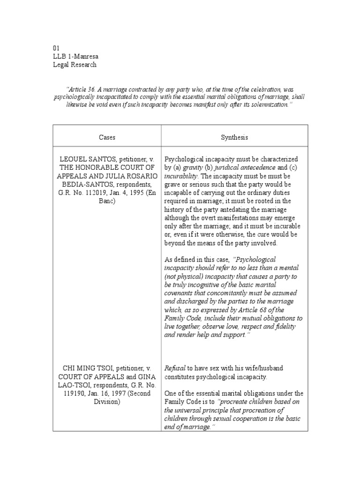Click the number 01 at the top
click(x=56, y=48)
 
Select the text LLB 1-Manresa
click(x=73, y=56)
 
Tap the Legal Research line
click(x=75, y=65)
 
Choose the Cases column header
click(x=107, y=137)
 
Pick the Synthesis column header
click(x=234, y=137)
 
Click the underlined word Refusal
click(x=174, y=368)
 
